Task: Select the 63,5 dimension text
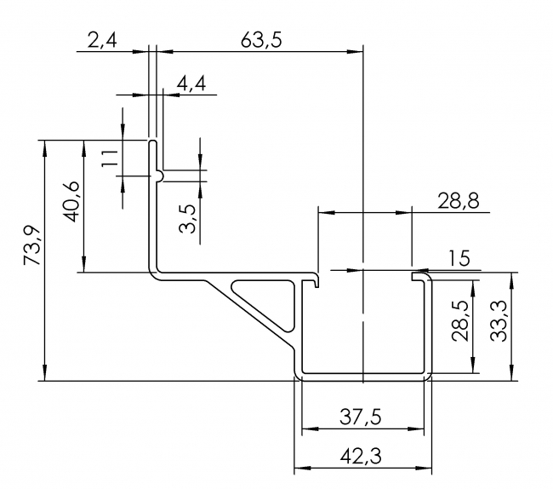click(x=261, y=39)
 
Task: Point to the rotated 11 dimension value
click(x=108, y=158)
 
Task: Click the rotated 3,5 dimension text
click(x=188, y=216)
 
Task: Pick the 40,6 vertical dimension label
click(x=71, y=202)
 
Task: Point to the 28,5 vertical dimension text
click(x=459, y=319)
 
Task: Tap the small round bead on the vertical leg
click(x=161, y=174)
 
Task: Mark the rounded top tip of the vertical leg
click(x=154, y=142)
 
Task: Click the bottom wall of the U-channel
click(x=363, y=375)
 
